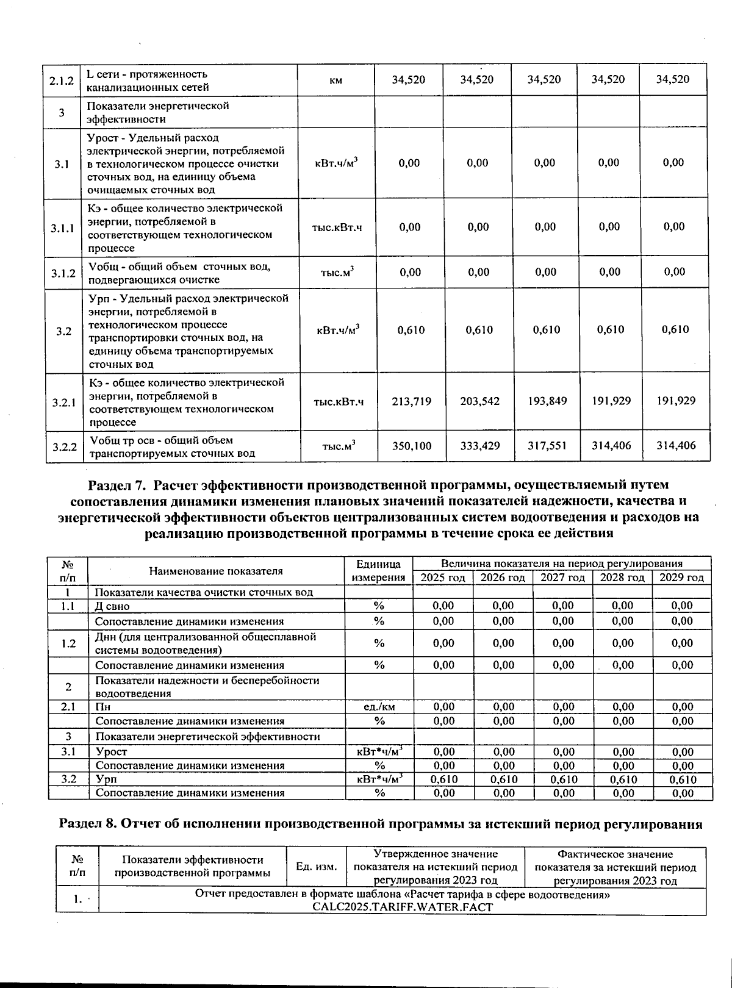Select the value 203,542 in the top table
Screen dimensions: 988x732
(479, 401)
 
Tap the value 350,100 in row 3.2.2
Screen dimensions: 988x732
(411, 446)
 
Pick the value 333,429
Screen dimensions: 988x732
(479, 446)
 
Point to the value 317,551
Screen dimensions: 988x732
(547, 446)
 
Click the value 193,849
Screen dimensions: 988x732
(547, 401)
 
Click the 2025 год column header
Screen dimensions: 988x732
(443, 578)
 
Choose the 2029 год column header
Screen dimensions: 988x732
(682, 578)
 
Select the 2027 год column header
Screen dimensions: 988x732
(562, 578)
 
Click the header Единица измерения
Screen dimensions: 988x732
(379, 571)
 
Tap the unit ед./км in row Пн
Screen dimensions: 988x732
(379, 707)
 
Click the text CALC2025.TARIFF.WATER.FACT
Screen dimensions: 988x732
(402, 907)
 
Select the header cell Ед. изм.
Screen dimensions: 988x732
(316, 866)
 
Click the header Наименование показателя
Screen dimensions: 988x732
(216, 571)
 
